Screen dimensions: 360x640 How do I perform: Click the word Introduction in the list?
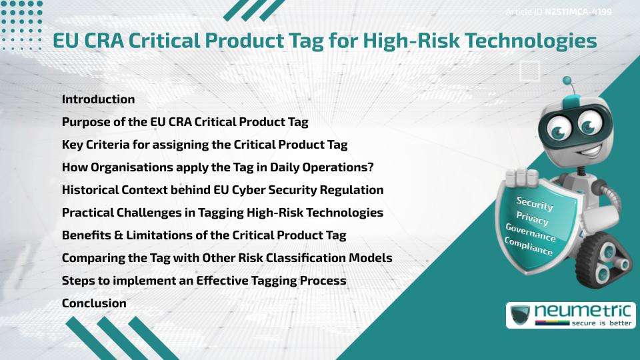[98, 99]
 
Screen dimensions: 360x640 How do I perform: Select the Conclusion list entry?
[94, 303]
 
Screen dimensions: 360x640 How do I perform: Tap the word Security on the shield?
[535, 203]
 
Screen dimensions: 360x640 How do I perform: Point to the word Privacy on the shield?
[532, 218]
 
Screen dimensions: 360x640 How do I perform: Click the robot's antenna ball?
[567, 81]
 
